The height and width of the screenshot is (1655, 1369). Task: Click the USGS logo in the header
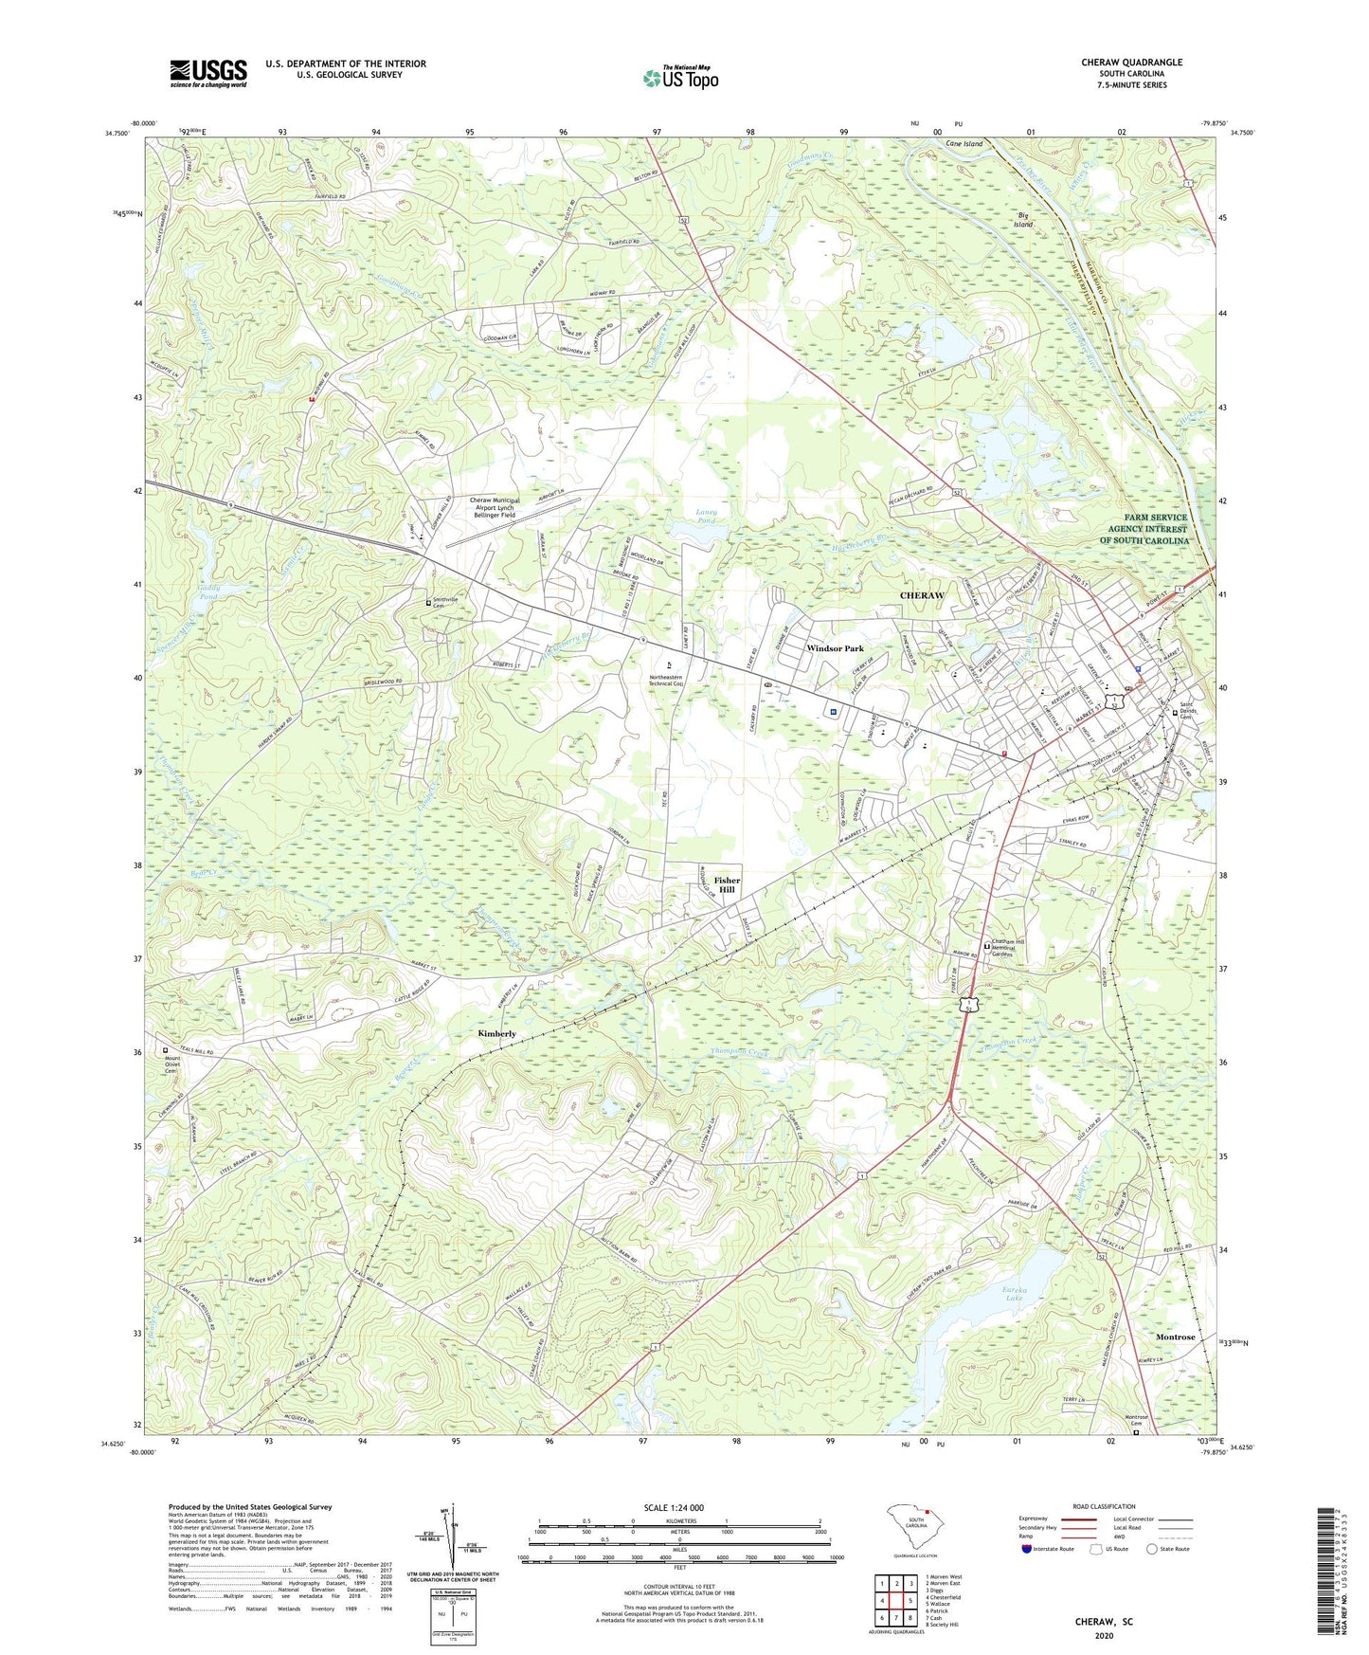tap(208, 73)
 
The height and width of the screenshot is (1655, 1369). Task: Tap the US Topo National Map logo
tap(679, 78)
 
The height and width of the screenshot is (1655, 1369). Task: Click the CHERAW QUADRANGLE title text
tap(1131, 63)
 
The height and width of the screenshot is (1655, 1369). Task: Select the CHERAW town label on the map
tap(921, 595)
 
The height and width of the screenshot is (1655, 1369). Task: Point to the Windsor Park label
tap(835, 648)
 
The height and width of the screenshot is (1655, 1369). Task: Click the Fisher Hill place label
tap(727, 885)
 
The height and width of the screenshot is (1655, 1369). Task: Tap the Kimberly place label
tap(496, 1033)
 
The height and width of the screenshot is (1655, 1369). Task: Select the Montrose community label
tap(1175, 1337)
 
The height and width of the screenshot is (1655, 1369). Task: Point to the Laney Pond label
tap(707, 517)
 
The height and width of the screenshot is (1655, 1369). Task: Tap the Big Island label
tap(1023, 220)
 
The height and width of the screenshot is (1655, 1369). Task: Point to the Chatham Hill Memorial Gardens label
tap(1016, 950)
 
